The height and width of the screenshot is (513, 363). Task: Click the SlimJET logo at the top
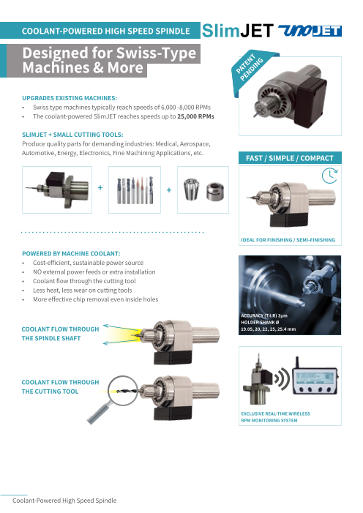click(237, 31)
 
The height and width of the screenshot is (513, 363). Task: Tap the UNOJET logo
click(310, 31)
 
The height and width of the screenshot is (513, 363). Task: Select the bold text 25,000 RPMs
click(195, 116)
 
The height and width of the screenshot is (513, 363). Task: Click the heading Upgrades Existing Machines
click(70, 98)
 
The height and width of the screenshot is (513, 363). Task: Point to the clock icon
click(329, 176)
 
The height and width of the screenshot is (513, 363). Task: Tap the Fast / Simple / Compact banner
click(290, 158)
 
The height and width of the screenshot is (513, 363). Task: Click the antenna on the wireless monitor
click(297, 362)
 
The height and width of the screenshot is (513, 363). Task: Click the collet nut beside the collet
click(215, 192)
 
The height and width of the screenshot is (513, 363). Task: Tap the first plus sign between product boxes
click(100, 188)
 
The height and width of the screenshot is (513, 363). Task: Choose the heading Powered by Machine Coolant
click(71, 253)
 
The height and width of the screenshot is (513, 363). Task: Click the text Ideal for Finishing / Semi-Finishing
click(288, 240)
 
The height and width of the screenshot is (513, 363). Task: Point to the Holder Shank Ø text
click(261, 322)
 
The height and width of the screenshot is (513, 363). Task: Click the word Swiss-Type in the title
click(156, 53)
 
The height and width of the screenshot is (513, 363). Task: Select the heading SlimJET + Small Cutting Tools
click(72, 135)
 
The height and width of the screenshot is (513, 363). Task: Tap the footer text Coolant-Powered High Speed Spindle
click(64, 501)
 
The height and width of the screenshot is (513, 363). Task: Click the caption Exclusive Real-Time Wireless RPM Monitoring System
click(276, 417)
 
